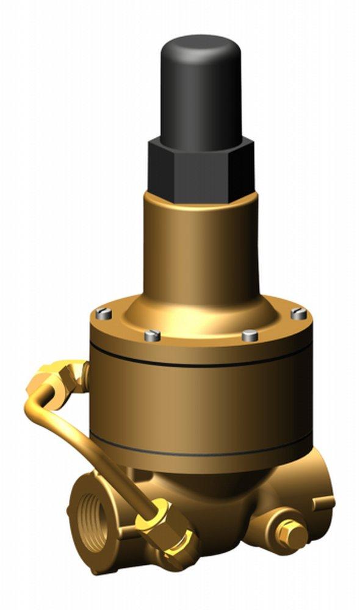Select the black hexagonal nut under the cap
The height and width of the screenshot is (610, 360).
click(x=200, y=169)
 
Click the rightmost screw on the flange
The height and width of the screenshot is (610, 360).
click(x=298, y=314)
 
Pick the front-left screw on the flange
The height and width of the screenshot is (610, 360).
click(x=153, y=335)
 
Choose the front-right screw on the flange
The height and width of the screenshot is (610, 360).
click(x=250, y=335)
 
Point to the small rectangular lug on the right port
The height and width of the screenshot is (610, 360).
click(x=323, y=504)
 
